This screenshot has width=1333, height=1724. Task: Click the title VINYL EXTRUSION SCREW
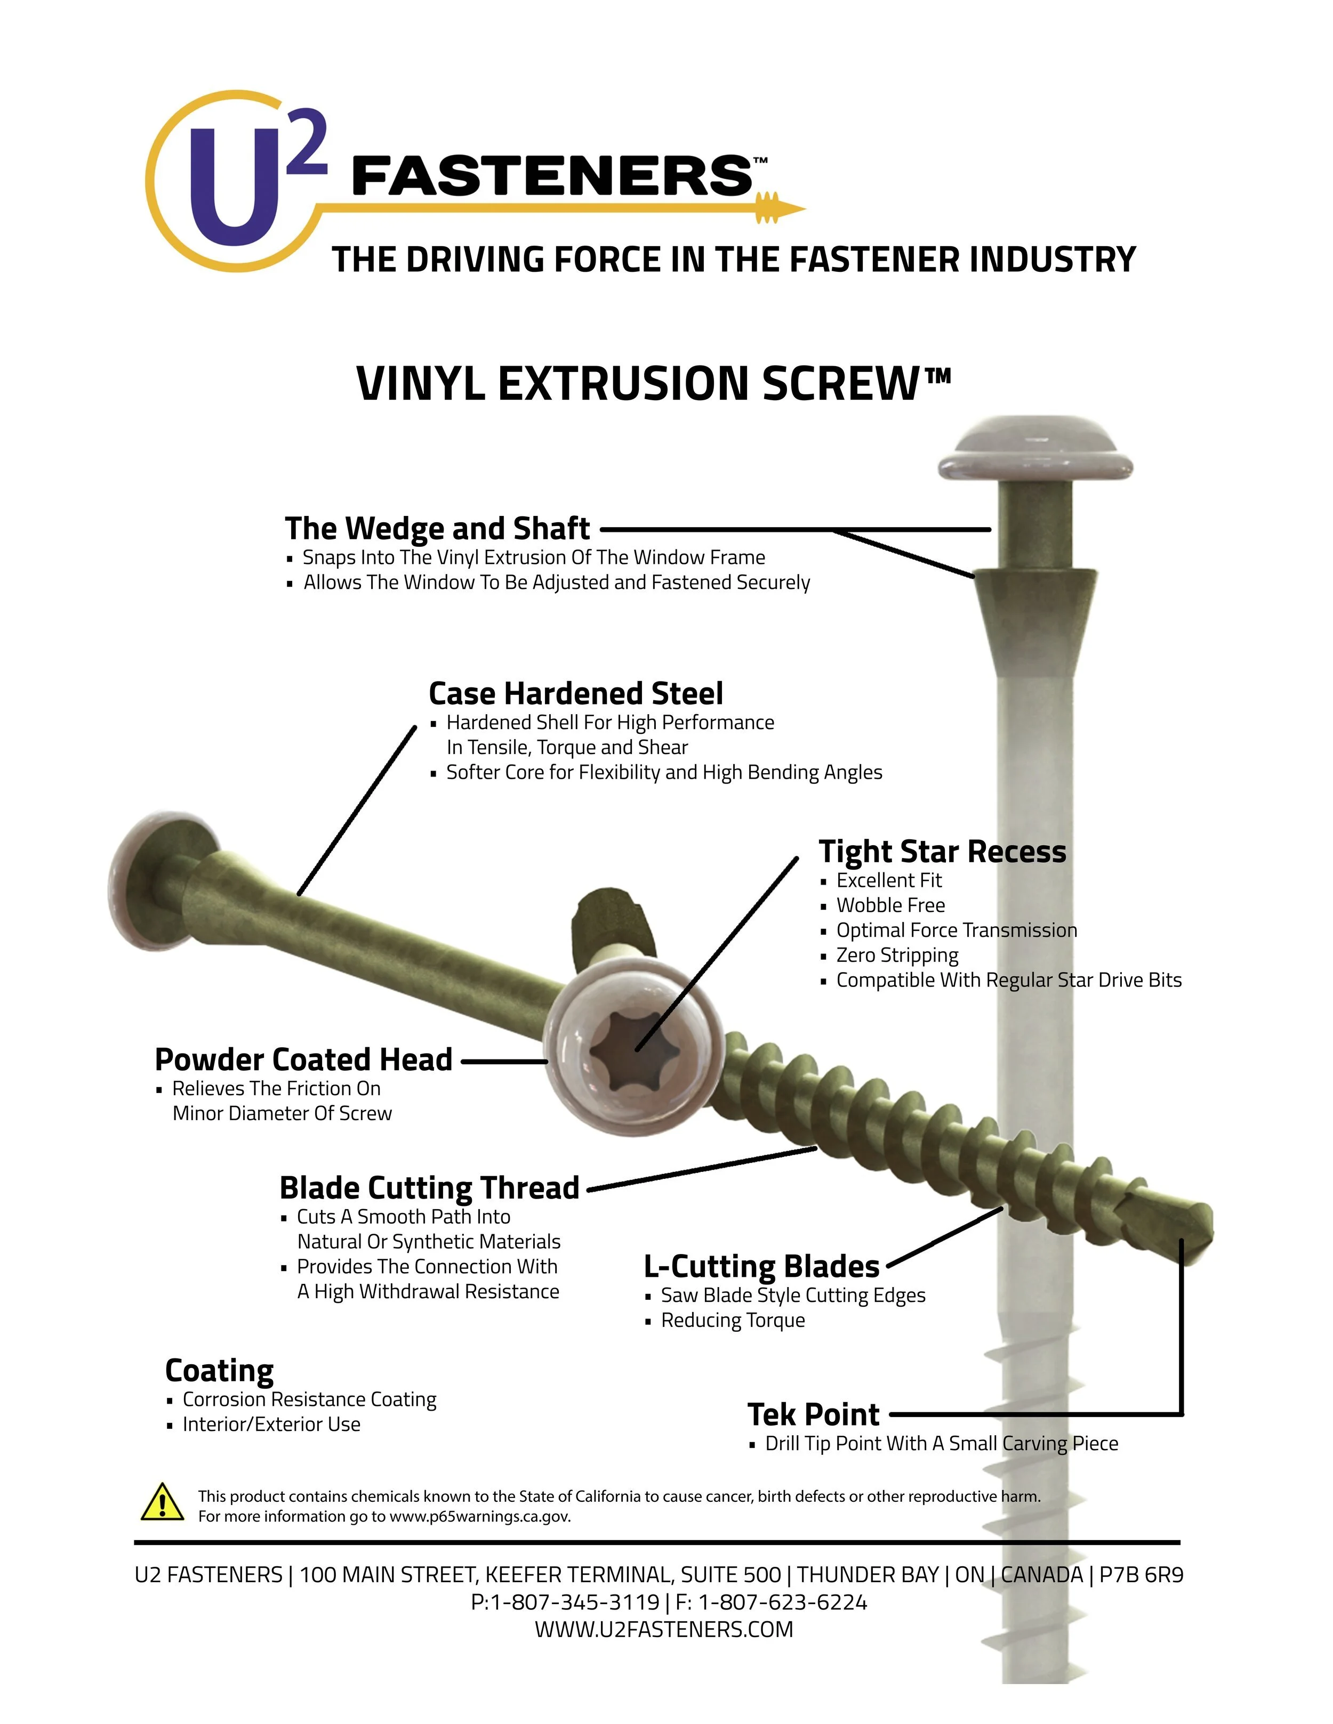coord(653,384)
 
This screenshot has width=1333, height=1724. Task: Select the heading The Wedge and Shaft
coord(437,528)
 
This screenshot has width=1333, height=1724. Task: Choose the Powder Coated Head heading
coord(303,1059)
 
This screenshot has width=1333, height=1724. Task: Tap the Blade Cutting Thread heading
coord(430,1187)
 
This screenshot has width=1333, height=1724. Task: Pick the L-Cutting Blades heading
coord(761,1266)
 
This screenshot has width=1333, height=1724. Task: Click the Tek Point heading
coord(813,1414)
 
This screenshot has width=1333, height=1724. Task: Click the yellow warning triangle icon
coord(162,1502)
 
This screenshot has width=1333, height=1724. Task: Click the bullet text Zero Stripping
coord(896,955)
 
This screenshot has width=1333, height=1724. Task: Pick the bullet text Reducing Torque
coord(732,1320)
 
